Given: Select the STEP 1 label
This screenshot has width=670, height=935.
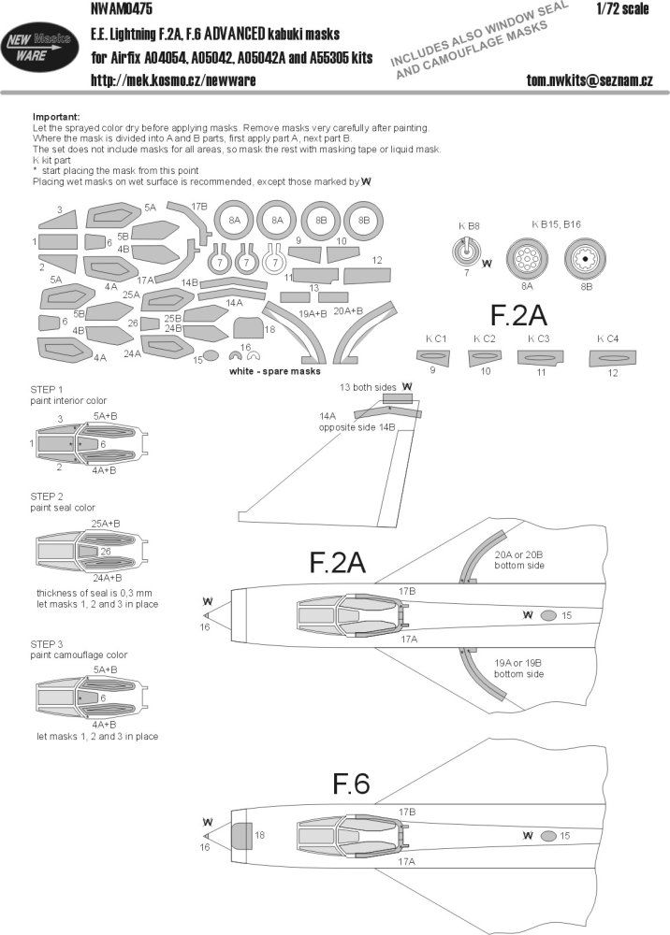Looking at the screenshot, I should click(48, 388).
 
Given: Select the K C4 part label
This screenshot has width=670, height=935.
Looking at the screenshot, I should click(609, 338).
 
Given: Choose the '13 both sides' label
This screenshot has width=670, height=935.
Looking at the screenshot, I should click(379, 385).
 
